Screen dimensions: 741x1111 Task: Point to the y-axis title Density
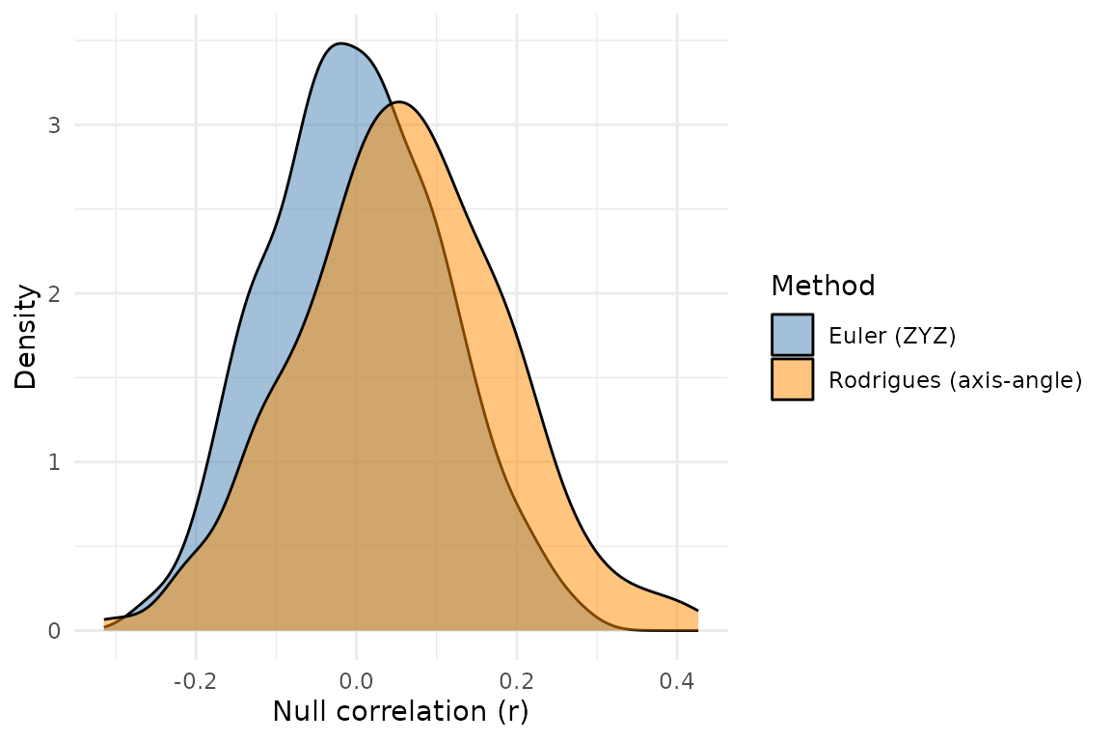pyautogui.click(x=26, y=336)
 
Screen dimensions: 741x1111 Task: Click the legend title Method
pyautogui.click(x=823, y=286)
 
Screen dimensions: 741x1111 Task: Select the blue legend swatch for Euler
pyautogui.click(x=792, y=335)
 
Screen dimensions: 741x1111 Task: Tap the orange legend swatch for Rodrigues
pyautogui.click(x=792, y=379)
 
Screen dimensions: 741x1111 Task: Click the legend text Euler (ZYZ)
pyautogui.click(x=892, y=336)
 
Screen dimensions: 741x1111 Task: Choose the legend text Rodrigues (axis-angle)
pyautogui.click(x=955, y=380)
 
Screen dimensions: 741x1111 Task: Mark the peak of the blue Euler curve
pyautogui.click(x=339, y=43)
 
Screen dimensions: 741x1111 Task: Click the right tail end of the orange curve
pyautogui.click(x=697, y=611)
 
